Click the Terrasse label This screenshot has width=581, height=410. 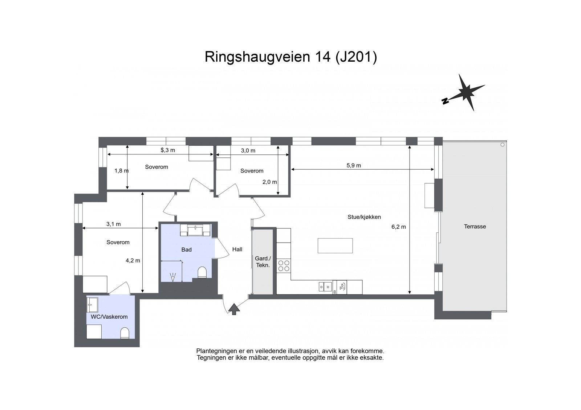coord(475,227)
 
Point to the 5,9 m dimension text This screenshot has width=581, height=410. coord(353,165)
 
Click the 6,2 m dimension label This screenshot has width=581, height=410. coord(398,227)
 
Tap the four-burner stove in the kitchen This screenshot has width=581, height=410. coord(284,266)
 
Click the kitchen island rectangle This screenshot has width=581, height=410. coord(335,245)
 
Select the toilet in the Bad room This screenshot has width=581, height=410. coord(202,272)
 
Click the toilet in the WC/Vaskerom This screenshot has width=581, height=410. coord(125,333)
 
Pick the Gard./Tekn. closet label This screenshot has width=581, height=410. coord(263,262)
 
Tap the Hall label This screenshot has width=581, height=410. coord(237,249)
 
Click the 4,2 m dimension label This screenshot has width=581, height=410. coord(133,260)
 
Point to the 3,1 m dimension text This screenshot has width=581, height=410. coord(113,224)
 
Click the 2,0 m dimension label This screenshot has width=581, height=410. coord(269,182)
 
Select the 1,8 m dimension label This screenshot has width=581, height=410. coord(121,170)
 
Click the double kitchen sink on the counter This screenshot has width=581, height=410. coord(325,287)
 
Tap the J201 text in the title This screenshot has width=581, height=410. coord(354,57)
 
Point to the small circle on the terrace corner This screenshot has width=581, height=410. coord(503,145)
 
